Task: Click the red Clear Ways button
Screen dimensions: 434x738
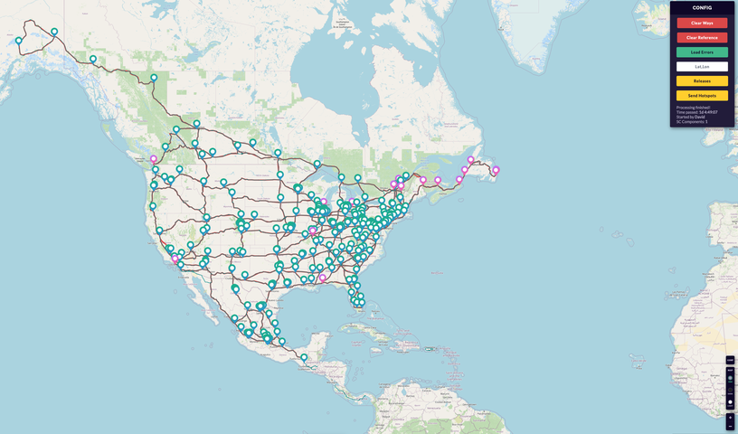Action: pyautogui.click(x=702, y=23)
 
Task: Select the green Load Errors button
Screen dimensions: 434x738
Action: pyautogui.click(x=702, y=52)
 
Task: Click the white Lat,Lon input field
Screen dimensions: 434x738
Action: pyautogui.click(x=702, y=67)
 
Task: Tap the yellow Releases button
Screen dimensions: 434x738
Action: pyautogui.click(x=702, y=81)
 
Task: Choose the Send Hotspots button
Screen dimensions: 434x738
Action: pyautogui.click(x=702, y=96)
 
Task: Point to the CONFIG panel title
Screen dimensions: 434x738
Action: pyautogui.click(x=702, y=7)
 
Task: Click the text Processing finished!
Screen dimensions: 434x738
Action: pyautogui.click(x=693, y=108)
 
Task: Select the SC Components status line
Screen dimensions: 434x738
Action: pyautogui.click(x=692, y=121)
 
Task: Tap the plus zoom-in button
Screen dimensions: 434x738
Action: pyautogui.click(x=730, y=418)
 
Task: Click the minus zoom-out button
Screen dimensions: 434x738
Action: pyautogui.click(x=730, y=426)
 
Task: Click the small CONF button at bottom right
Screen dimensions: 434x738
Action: pyautogui.click(x=730, y=361)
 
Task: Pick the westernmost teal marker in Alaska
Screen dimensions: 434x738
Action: pyautogui.click(x=18, y=40)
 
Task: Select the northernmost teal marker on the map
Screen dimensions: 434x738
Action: pyautogui.click(x=54, y=32)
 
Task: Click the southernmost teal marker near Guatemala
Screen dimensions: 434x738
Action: pyautogui.click(x=304, y=357)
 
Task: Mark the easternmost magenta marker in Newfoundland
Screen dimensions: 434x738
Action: pyautogui.click(x=496, y=170)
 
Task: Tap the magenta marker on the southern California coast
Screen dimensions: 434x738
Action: pyautogui.click(x=175, y=259)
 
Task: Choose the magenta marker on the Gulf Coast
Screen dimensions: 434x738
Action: pyautogui.click(x=322, y=278)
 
